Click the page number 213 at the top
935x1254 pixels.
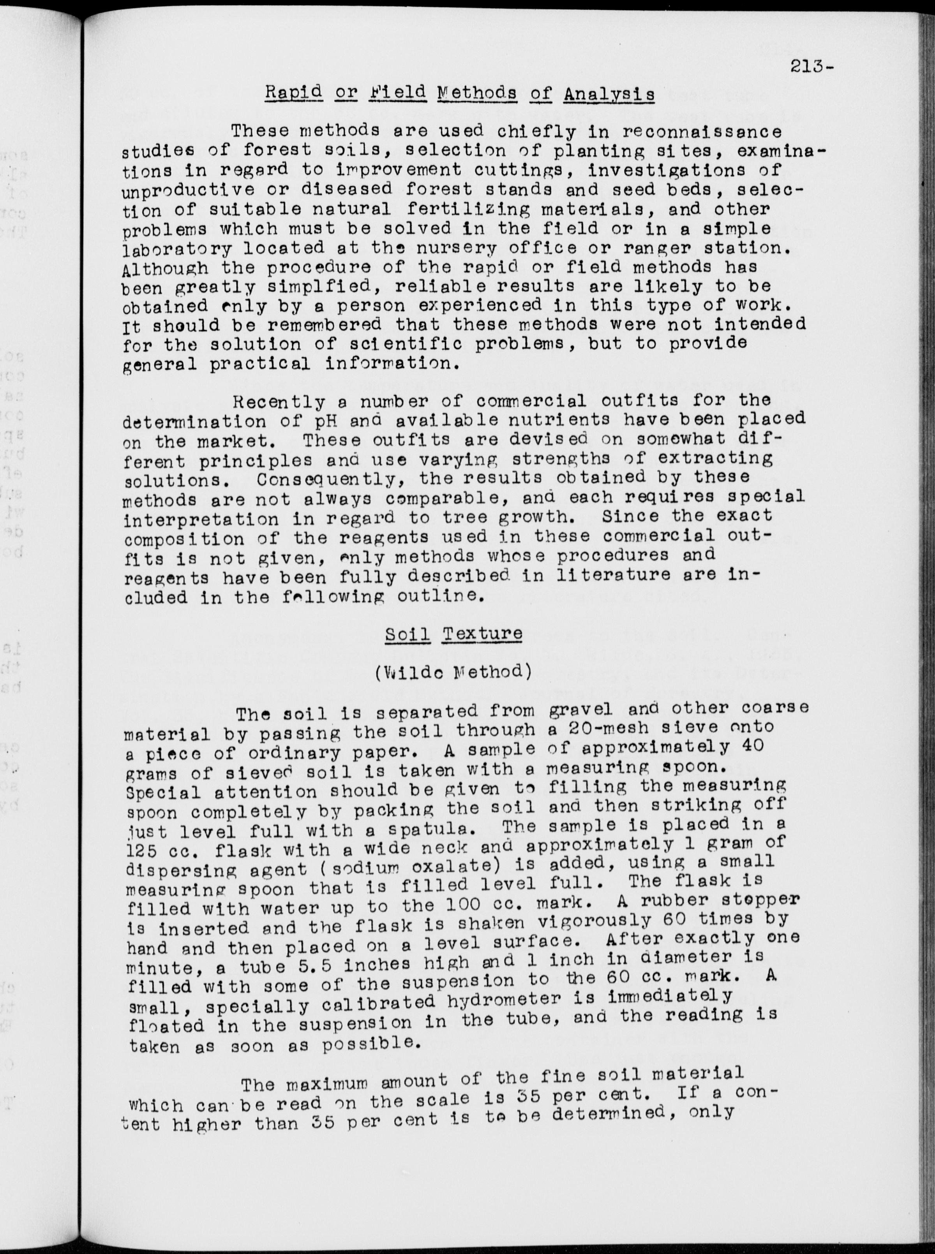tap(808, 67)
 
